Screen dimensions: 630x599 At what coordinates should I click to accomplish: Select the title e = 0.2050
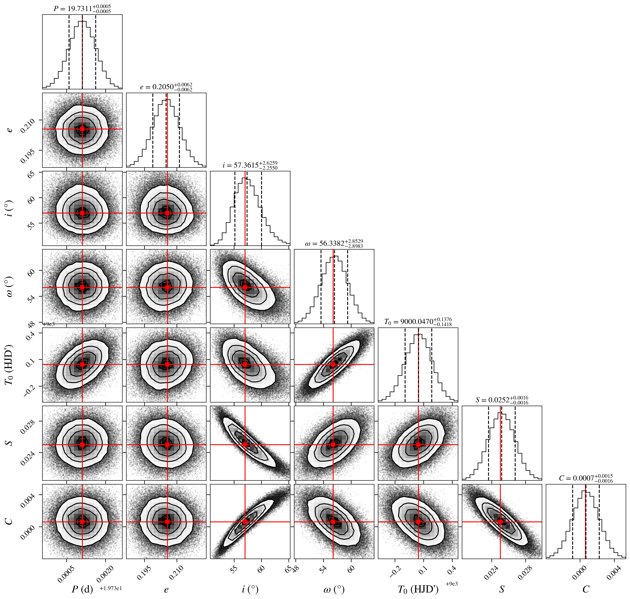tap(166, 87)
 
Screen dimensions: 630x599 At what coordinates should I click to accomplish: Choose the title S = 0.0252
tap(502, 400)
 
